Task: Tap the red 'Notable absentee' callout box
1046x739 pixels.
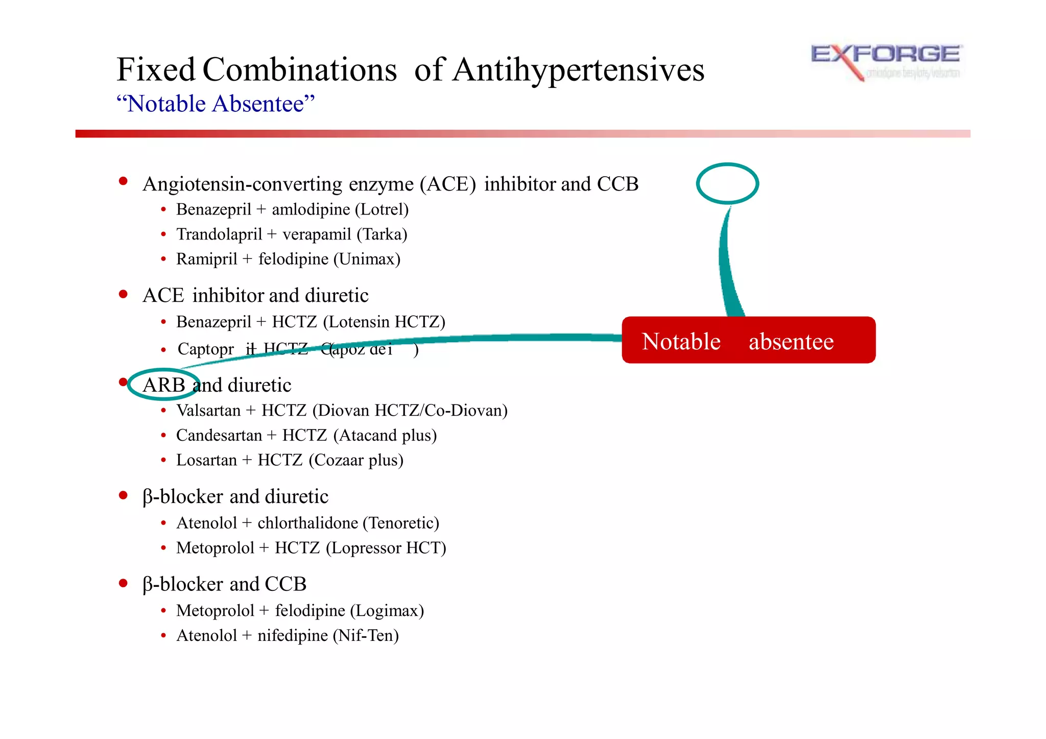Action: point(748,340)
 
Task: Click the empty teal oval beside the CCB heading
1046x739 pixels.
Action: point(727,183)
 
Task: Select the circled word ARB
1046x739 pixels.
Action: point(163,385)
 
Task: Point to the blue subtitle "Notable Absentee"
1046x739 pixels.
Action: point(216,104)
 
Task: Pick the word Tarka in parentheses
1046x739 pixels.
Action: point(382,234)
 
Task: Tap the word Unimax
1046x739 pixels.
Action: point(367,259)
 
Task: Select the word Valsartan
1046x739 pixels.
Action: point(208,411)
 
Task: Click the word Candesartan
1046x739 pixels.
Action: point(219,435)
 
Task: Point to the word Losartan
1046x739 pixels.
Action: point(206,460)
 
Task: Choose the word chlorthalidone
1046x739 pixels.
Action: point(307,523)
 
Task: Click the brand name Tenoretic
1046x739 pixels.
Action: point(401,523)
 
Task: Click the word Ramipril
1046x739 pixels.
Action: point(206,259)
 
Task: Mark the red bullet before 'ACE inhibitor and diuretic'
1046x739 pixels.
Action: point(123,294)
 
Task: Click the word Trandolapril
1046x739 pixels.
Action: point(219,234)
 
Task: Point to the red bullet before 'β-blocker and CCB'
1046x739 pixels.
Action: point(123,583)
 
